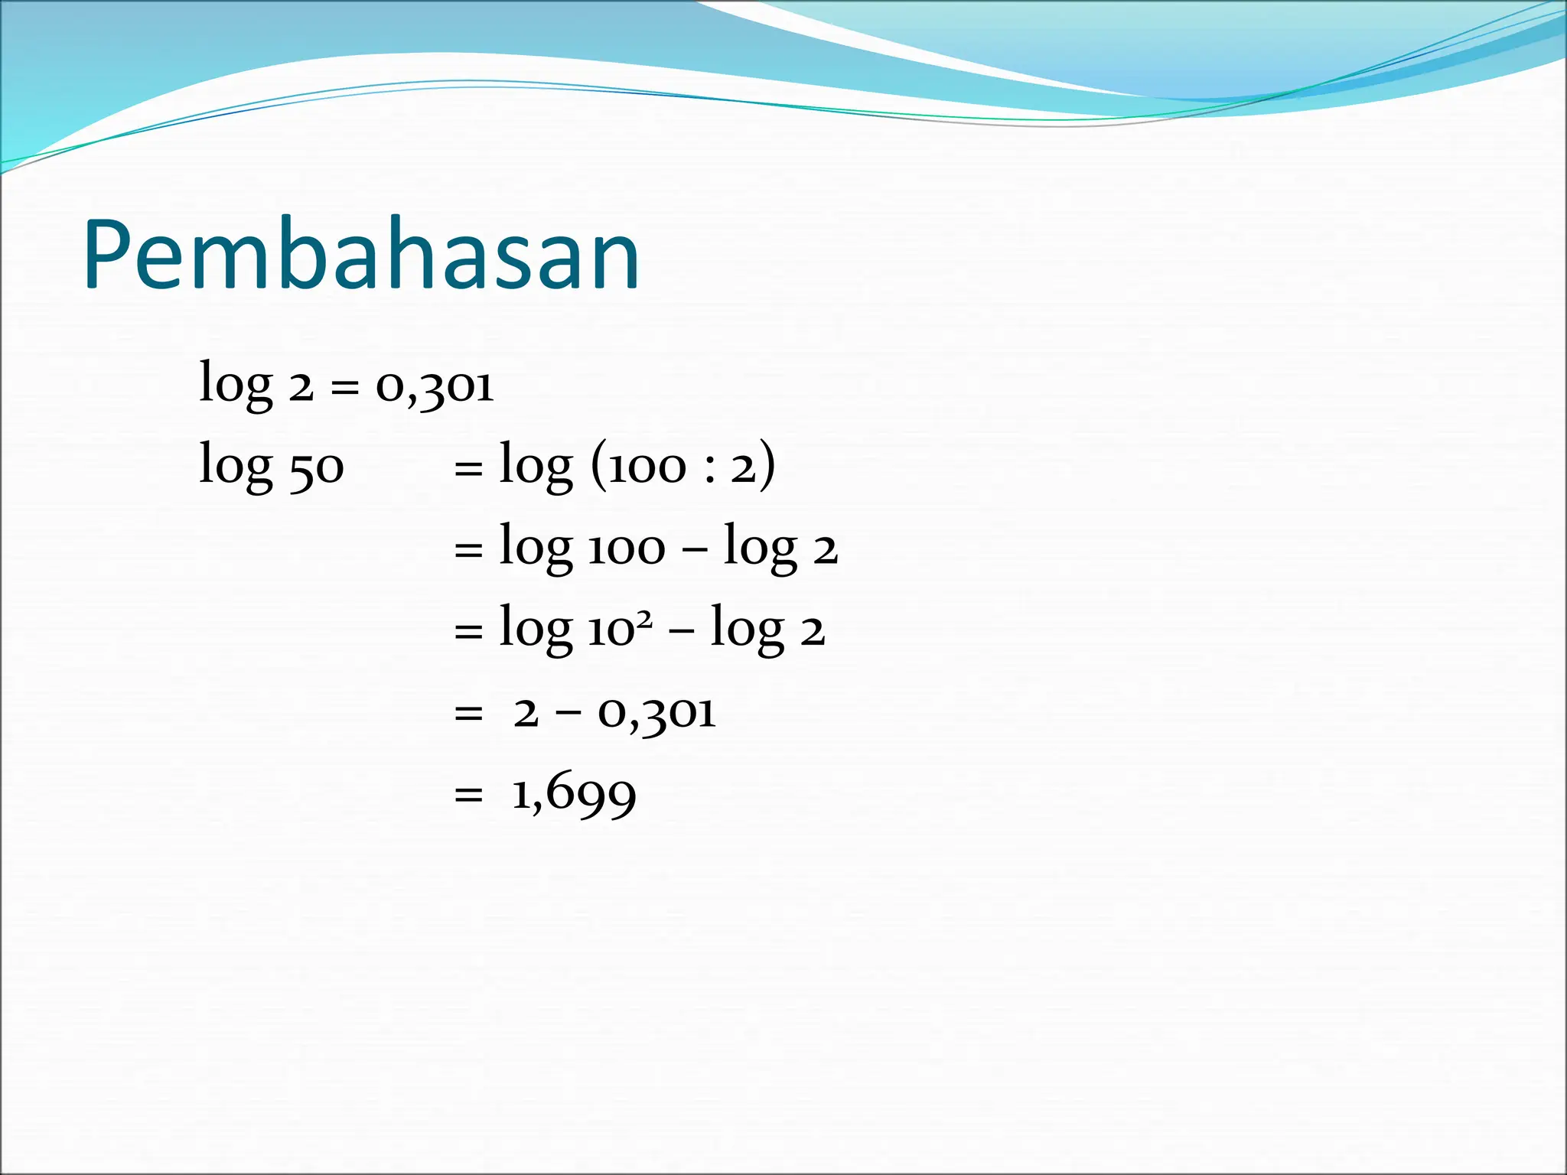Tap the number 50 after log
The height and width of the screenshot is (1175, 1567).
point(316,467)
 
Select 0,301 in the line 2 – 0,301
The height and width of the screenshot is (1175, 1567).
point(656,714)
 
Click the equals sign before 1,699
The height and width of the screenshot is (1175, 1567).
point(468,796)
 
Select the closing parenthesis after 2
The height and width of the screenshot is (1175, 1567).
point(767,465)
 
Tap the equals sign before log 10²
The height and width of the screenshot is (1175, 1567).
point(468,632)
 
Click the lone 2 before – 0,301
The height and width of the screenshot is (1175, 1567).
point(526,714)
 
